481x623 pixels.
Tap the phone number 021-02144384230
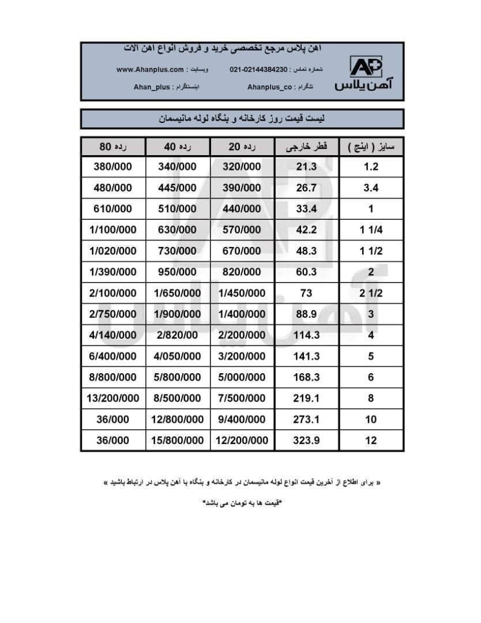coord(258,70)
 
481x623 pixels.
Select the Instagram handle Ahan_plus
coord(152,87)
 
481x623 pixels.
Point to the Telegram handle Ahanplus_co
coord(269,87)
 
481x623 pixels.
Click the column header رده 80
coord(113,147)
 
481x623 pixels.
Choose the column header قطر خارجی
coord(307,147)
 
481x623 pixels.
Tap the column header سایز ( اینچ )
coord(371,147)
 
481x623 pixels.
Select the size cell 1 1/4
coord(371,230)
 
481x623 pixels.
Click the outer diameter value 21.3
coord(307,167)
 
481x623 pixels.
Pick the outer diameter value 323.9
coord(307,440)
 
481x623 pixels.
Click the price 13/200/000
coord(113,398)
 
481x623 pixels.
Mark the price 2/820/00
coord(178,335)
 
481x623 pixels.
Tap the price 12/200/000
coord(242,440)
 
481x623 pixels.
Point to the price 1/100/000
coord(113,230)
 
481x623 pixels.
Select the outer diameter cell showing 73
coord(307,293)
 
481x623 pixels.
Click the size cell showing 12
coord(371,440)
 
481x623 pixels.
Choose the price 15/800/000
coord(178,440)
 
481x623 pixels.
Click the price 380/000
coord(113,167)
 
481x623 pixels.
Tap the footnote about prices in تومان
coord(241,503)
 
